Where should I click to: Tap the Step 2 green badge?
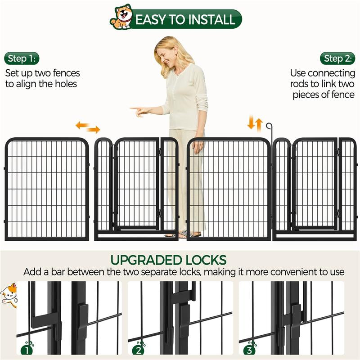click(x=338, y=58)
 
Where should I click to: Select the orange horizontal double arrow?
click(x=87, y=127)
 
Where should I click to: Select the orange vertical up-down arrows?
click(x=255, y=123)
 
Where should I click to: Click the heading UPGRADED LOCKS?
click(x=168, y=260)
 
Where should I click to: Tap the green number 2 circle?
click(x=139, y=349)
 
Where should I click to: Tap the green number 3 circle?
click(x=250, y=349)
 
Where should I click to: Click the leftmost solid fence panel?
click(x=47, y=189)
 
